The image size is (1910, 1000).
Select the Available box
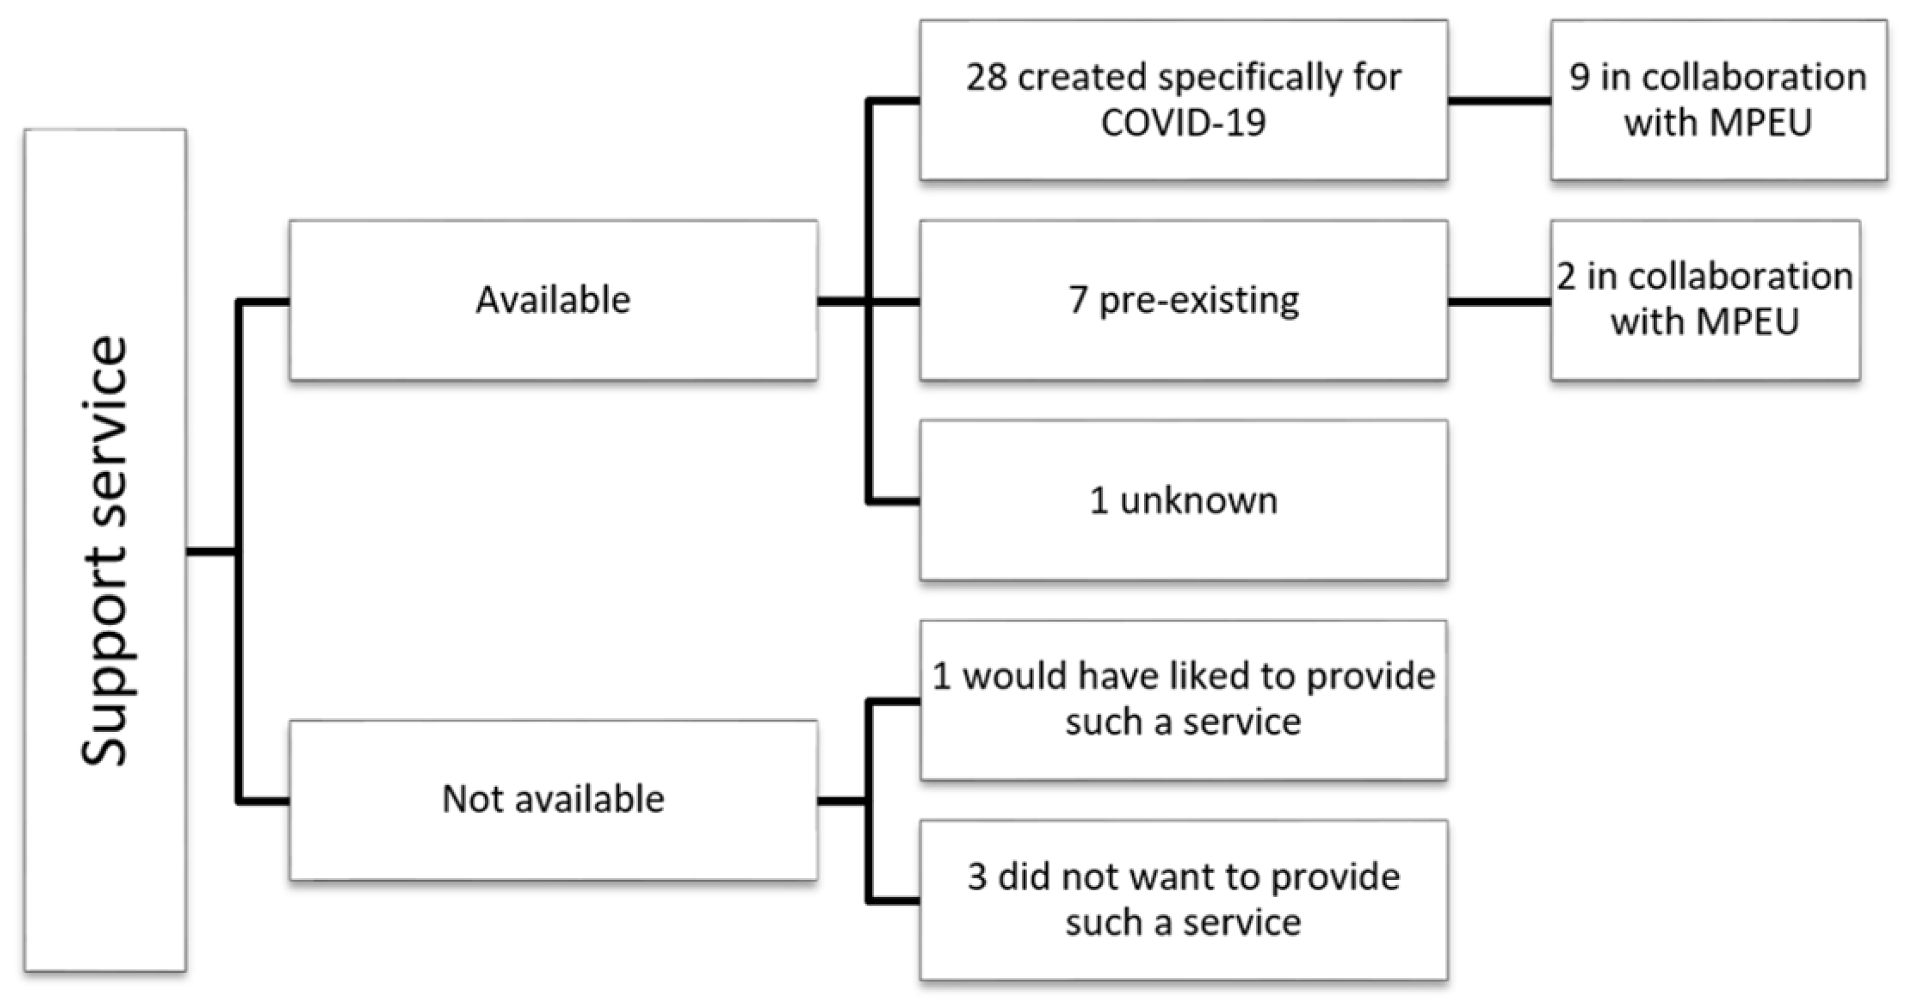[x=553, y=301]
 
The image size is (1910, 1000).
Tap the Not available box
[x=553, y=799]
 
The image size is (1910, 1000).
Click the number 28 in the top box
[x=986, y=77]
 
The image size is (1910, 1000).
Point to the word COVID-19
[x=1183, y=123]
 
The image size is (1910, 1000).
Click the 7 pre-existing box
[x=1184, y=301]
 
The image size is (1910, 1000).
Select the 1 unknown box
[x=1184, y=501]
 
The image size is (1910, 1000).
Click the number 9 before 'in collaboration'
[x=1579, y=77]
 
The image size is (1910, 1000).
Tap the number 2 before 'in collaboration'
[x=1566, y=276]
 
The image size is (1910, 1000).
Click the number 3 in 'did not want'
[x=977, y=877]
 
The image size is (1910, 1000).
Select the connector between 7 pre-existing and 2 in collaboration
[x=1499, y=302]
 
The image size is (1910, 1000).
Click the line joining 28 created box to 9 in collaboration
[x=1499, y=100]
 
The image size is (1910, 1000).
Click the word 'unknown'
[x=1199, y=501]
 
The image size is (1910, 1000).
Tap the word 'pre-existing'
[x=1199, y=301]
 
